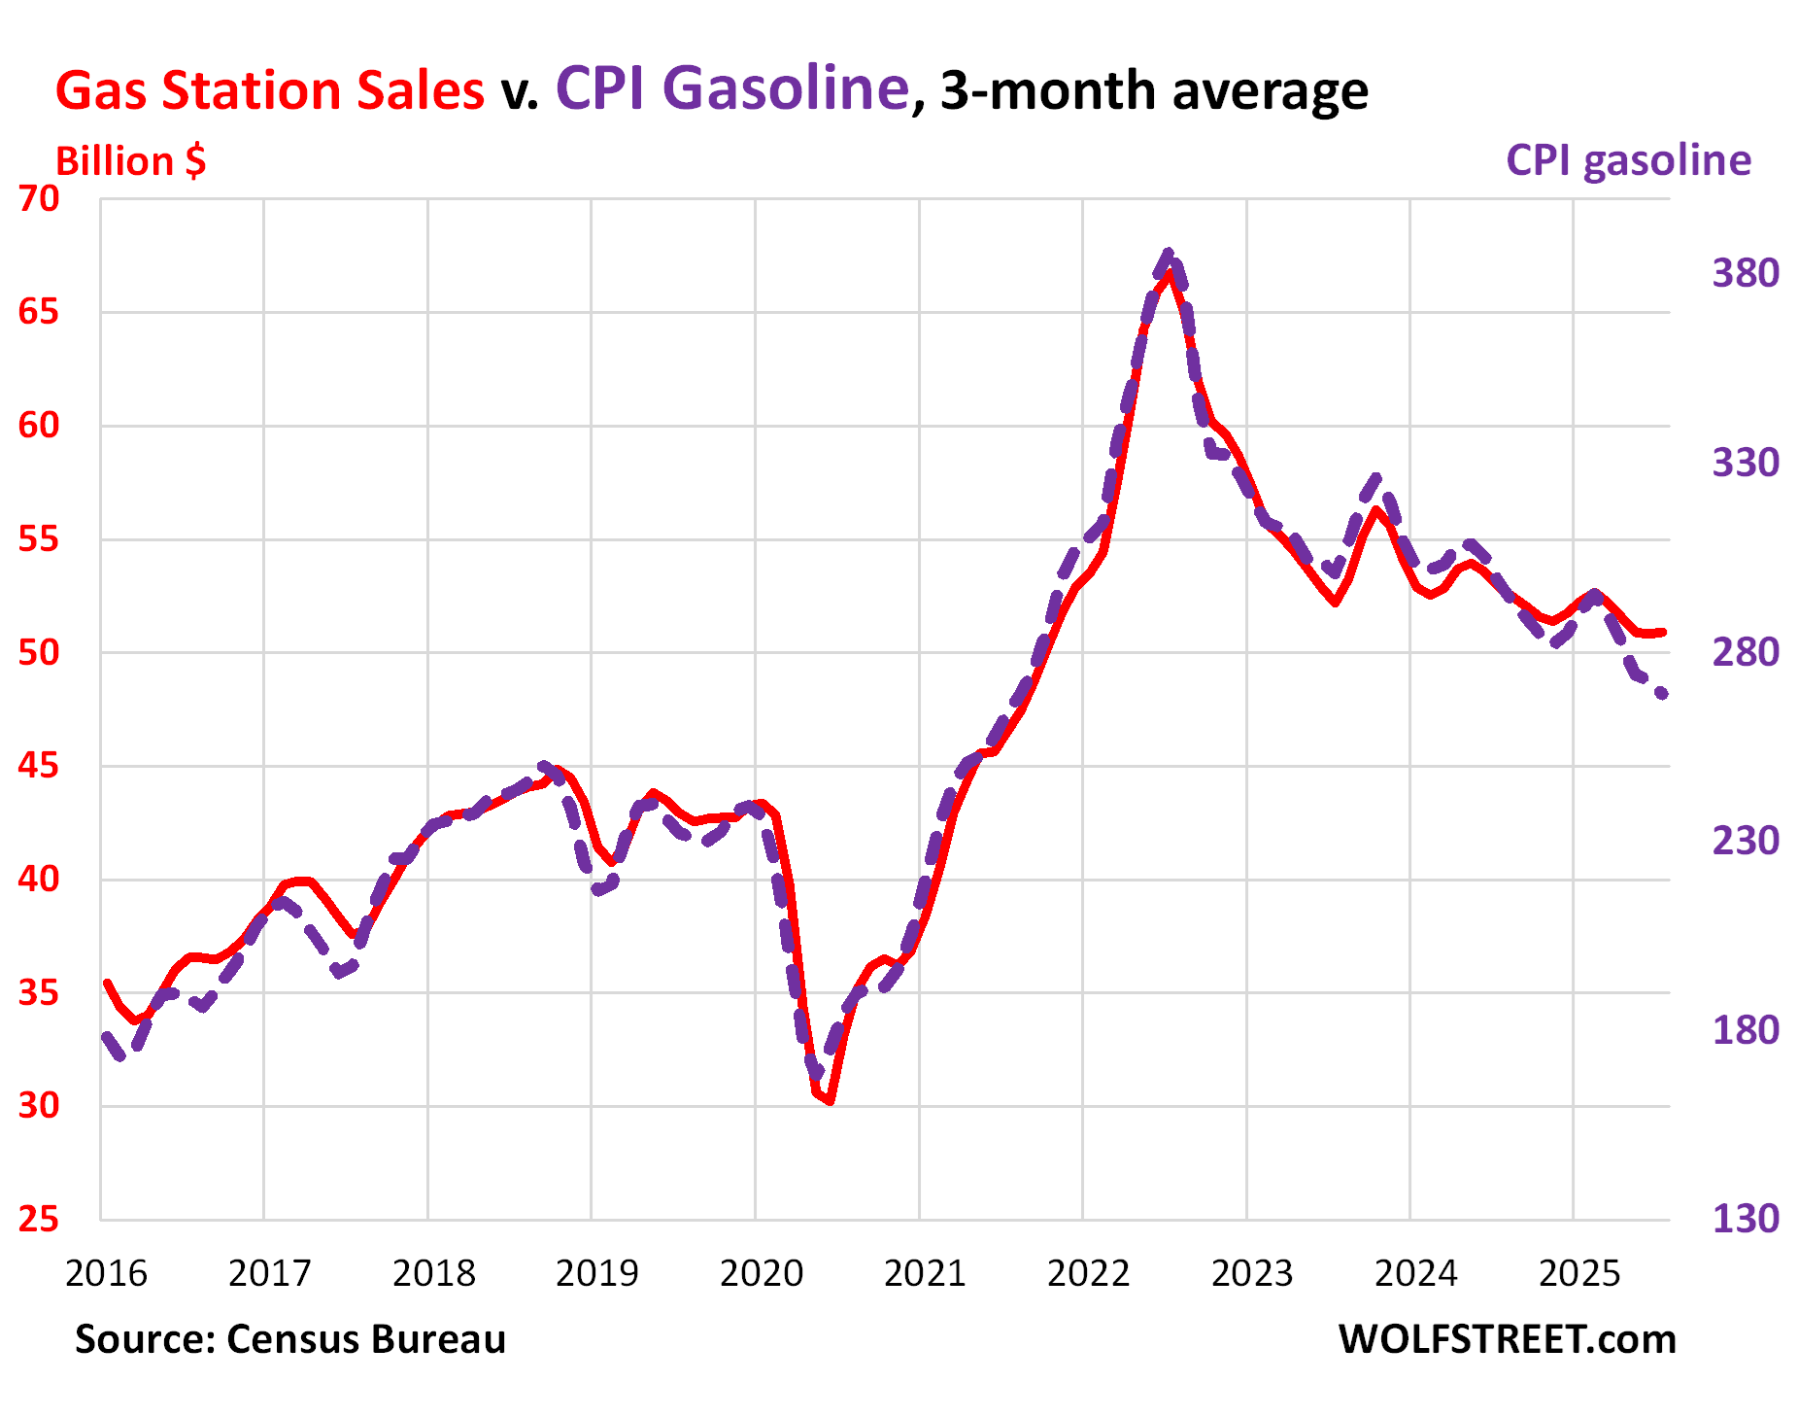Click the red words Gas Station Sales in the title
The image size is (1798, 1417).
269,90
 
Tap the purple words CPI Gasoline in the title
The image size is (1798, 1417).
731,88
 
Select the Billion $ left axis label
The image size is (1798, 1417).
130,161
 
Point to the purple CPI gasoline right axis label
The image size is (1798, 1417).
1628,160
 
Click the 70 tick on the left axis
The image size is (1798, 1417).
39,198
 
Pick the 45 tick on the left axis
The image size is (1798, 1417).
39,766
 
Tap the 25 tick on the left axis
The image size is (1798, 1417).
39,1219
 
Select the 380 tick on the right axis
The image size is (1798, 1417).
1745,273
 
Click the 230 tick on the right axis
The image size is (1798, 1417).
1745,841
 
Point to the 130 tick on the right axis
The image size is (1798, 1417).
1745,1219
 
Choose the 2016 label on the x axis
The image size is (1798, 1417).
106,1273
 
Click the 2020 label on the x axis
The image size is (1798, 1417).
761,1273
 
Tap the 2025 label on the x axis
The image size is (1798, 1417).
1579,1273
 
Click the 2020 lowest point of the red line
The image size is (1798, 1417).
831,1102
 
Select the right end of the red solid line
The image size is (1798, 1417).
1664,633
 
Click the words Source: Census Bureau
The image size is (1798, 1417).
290,1339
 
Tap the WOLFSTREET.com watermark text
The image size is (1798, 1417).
1507,1339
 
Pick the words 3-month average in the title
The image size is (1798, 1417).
1154,90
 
